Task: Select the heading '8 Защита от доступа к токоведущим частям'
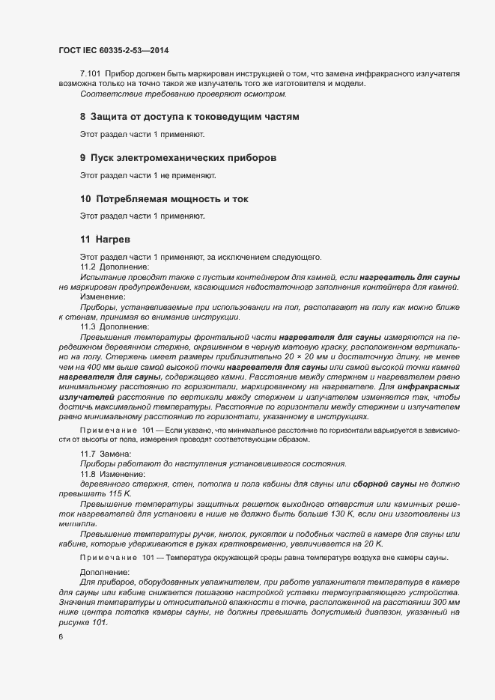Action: pyautogui.click(x=189, y=117)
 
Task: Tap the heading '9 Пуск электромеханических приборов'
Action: pyautogui.click(x=178, y=158)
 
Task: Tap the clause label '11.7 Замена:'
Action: pyautogui.click(x=106, y=454)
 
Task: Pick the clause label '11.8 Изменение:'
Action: pyautogui.click(x=112, y=474)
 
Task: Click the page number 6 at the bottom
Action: pyautogui.click(x=60, y=637)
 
